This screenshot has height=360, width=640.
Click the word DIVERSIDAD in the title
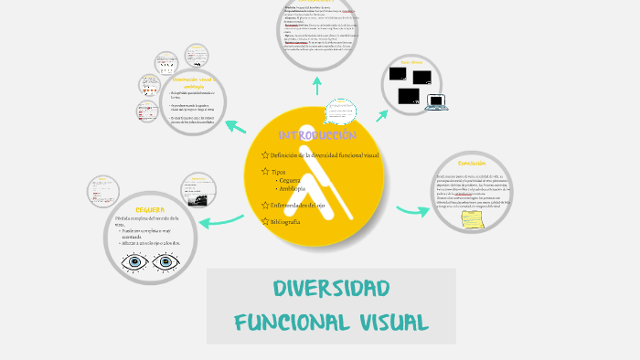[331, 290]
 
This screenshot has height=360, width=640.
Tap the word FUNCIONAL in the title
[287, 323]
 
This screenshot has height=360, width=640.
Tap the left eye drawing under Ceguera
[136, 263]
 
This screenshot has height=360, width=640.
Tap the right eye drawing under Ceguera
[167, 263]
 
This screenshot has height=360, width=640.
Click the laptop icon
[435, 101]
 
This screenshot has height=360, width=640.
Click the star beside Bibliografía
[264, 222]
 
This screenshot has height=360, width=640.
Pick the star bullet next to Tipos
[264, 172]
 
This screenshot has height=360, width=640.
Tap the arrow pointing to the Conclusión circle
[413, 211]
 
